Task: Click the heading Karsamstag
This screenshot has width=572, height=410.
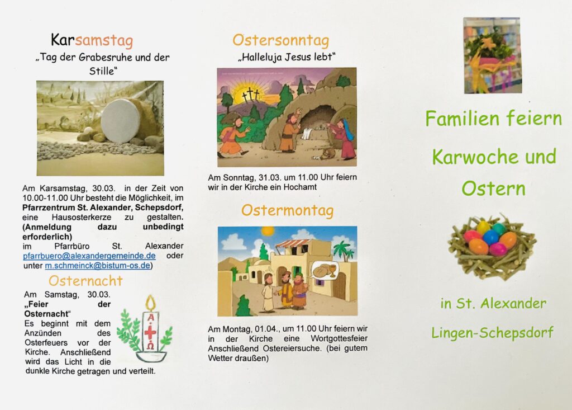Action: (92, 40)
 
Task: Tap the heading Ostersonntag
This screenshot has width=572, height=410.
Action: (280, 41)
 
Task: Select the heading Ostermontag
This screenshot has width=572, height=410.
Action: (288, 210)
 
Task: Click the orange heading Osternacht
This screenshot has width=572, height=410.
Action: (85, 281)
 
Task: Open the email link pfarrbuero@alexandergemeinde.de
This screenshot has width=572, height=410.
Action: (89, 256)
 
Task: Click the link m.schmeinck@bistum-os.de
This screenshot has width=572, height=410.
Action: (97, 266)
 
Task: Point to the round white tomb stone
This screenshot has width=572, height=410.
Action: (120, 121)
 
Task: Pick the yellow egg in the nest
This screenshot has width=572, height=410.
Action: (483, 227)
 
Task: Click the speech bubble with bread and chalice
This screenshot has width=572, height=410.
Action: (325, 270)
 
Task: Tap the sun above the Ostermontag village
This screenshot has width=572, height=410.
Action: (268, 231)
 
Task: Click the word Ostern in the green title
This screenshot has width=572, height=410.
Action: (494, 188)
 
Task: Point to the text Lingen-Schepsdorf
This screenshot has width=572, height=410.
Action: (492, 333)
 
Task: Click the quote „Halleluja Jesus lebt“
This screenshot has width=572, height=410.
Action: (287, 58)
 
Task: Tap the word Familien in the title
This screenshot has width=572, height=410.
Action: (462, 119)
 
